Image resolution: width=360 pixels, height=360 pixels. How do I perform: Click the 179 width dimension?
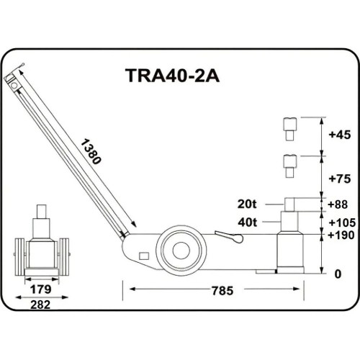click(x=41, y=291)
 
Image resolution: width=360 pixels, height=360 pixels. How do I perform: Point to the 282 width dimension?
click(x=41, y=305)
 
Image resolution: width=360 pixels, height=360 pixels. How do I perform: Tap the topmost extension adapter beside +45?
click(x=289, y=128)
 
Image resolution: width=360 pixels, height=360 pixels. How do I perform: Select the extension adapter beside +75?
click(x=289, y=166)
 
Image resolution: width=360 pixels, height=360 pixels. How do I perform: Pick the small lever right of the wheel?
click(x=229, y=238)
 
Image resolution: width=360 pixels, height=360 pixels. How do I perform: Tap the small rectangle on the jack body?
click(x=144, y=257)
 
